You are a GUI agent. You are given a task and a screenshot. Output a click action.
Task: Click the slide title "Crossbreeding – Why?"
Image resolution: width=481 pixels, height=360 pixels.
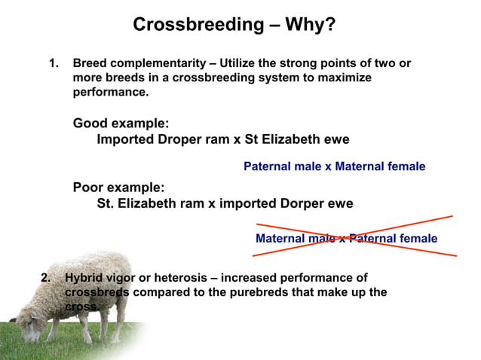click(234, 25)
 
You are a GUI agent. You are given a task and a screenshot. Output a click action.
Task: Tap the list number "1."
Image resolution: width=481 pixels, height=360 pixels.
click(54, 63)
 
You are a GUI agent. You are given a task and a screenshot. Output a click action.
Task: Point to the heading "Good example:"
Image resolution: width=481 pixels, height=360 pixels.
click(121, 123)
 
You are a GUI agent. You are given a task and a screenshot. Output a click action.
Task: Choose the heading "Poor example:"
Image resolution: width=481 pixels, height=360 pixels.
click(118, 187)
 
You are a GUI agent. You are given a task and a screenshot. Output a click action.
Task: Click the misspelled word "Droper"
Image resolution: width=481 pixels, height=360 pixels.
click(173, 139)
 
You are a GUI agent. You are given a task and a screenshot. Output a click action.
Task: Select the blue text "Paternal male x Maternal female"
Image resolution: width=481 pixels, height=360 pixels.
click(334, 166)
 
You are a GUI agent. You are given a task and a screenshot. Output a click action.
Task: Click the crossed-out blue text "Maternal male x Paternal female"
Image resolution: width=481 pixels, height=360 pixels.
click(346, 239)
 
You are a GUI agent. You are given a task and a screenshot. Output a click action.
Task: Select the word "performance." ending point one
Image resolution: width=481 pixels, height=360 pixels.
click(110, 93)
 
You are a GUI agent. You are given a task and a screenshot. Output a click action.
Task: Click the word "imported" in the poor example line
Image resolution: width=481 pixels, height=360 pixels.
click(256, 203)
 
